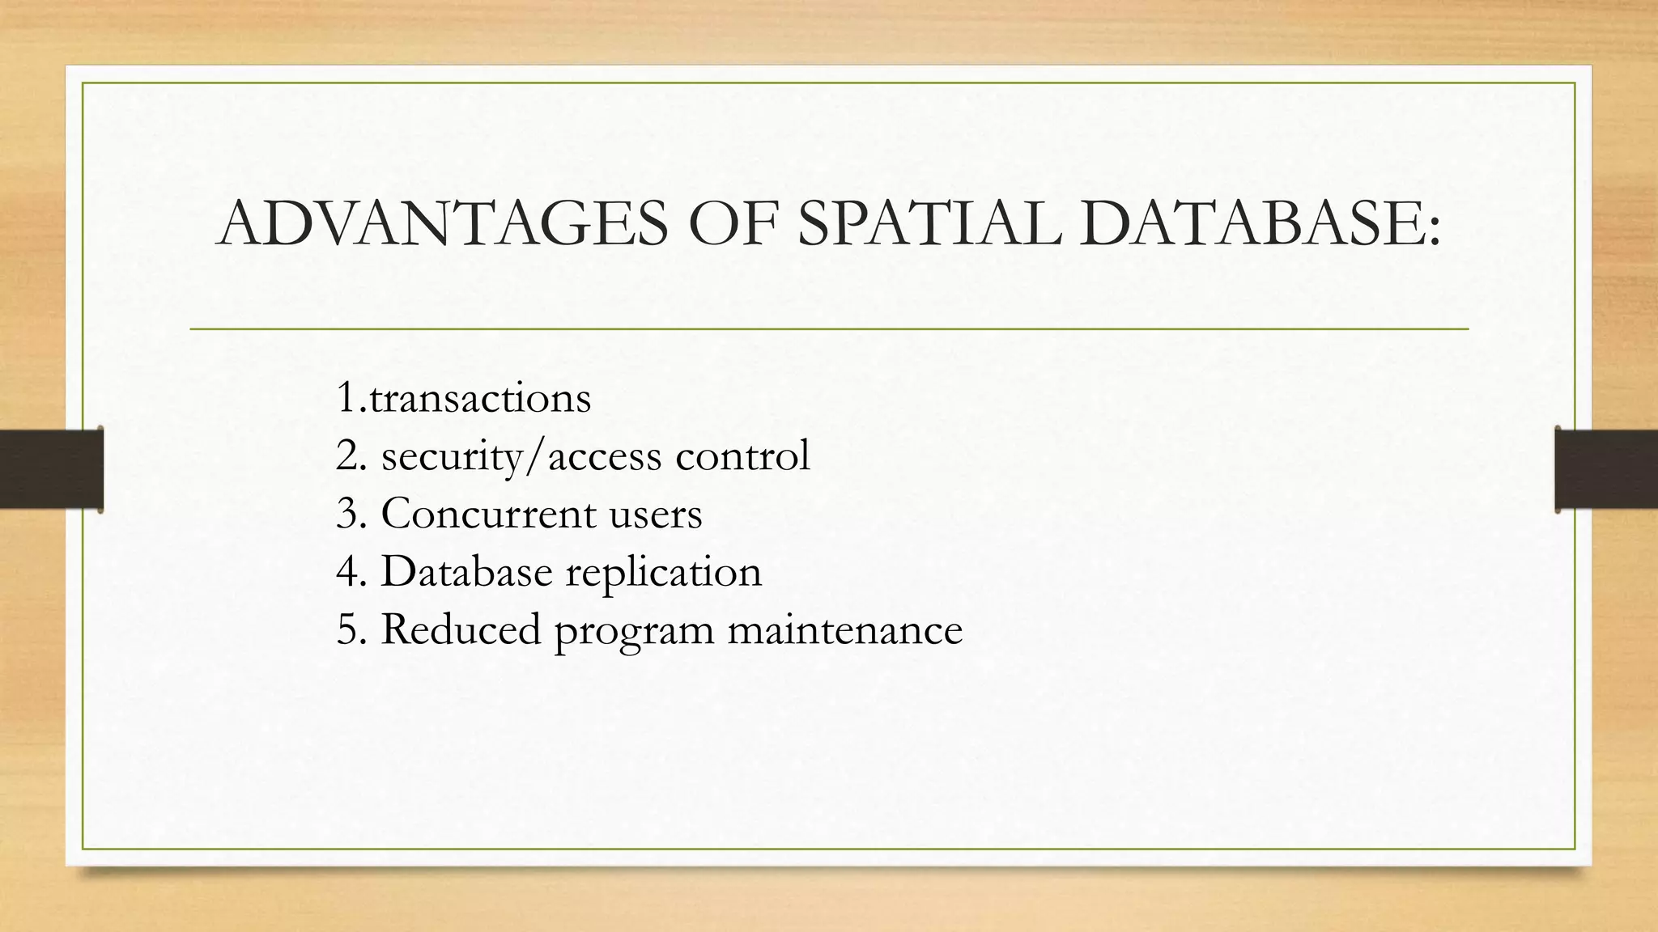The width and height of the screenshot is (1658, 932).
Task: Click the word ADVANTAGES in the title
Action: pyautogui.click(x=443, y=222)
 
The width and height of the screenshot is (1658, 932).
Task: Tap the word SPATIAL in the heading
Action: pyautogui.click(x=929, y=222)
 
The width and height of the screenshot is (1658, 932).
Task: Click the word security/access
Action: pyautogui.click(x=521, y=456)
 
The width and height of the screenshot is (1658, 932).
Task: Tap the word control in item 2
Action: pyautogui.click(x=742, y=455)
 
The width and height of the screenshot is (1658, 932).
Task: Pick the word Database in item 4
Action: pyautogui.click(x=466, y=571)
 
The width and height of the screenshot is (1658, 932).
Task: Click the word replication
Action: pyautogui.click(x=663, y=573)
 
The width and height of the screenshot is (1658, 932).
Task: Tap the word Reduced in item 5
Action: pyautogui.click(x=460, y=629)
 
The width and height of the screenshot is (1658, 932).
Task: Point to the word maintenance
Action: pyautogui.click(x=844, y=629)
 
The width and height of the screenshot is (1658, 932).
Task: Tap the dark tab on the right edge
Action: pyautogui.click(x=1606, y=469)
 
